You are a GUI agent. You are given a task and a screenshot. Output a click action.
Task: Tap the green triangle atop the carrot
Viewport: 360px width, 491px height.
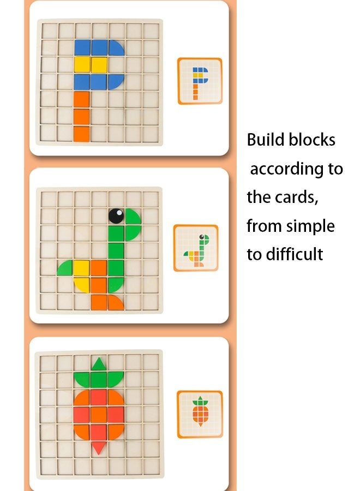point(99,364)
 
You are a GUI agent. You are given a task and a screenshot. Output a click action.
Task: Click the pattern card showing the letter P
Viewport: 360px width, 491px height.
point(200,81)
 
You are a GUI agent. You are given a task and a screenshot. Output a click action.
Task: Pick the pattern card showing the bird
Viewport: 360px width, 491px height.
point(196,248)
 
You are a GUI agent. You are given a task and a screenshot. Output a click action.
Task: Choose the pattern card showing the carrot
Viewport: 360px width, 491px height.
point(200,414)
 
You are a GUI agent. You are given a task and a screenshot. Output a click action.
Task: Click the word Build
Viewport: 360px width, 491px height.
point(265,140)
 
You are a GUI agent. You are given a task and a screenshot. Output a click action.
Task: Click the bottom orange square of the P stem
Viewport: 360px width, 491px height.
point(82,133)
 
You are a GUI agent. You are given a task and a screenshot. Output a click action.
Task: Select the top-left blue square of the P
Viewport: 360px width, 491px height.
point(82,47)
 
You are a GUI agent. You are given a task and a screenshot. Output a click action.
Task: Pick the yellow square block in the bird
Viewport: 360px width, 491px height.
point(82,267)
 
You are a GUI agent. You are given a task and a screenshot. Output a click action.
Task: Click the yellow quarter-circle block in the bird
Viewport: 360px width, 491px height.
point(82,284)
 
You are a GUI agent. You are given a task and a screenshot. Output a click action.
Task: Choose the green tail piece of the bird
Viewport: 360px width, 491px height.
point(65,268)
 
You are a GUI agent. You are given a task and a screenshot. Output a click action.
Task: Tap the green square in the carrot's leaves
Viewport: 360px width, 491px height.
point(99,379)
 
